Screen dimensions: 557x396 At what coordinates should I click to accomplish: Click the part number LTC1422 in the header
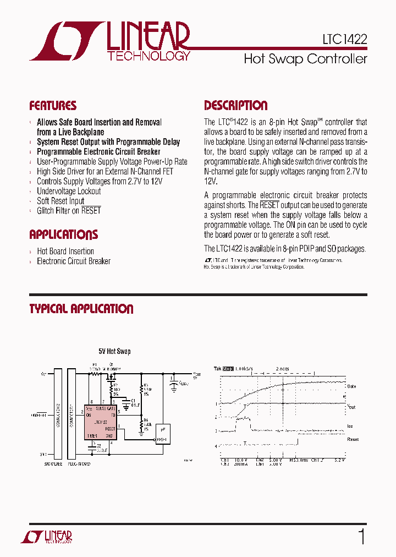click(344, 39)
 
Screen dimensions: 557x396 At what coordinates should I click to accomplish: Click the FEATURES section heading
click(53, 106)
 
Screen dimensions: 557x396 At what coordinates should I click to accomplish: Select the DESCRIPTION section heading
click(235, 106)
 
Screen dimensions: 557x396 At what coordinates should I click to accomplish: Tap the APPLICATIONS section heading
click(63, 235)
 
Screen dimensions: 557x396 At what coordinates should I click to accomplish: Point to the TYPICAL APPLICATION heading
click(81, 309)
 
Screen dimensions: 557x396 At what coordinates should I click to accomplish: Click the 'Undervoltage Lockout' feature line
click(69, 191)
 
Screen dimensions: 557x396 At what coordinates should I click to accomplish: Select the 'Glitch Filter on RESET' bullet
click(69, 211)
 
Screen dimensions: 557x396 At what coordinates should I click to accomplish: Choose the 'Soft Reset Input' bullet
click(61, 201)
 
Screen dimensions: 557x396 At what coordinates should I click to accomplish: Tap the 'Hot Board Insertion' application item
click(65, 251)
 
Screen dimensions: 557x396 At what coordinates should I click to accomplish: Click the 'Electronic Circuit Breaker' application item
click(74, 261)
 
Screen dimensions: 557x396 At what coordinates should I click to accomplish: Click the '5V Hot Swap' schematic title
click(114, 351)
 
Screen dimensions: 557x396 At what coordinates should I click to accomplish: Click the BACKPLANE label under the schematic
click(54, 464)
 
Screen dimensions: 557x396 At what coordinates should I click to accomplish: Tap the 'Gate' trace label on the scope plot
click(352, 386)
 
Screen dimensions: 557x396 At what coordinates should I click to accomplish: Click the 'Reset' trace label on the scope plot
click(353, 439)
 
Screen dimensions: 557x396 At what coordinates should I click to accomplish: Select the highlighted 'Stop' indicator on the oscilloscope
click(228, 369)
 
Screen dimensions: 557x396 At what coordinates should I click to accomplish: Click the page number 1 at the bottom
click(361, 536)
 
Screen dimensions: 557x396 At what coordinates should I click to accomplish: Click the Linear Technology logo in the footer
click(46, 537)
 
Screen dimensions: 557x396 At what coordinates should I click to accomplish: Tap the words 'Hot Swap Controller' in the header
click(305, 59)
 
